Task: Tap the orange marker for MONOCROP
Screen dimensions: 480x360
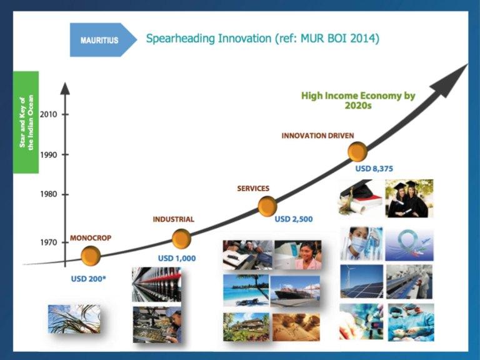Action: (x=91, y=256)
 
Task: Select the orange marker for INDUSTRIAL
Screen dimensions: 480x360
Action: (x=181, y=239)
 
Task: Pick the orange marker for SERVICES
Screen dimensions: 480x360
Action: (x=267, y=206)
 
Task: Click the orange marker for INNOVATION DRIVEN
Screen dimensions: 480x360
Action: (x=357, y=151)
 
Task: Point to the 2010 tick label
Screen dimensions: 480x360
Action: (x=48, y=114)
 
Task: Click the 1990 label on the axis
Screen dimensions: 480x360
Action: (x=48, y=155)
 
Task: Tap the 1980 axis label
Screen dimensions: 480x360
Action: (x=48, y=194)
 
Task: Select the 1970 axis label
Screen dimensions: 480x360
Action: (x=48, y=242)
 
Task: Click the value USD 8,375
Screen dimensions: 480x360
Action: (x=374, y=169)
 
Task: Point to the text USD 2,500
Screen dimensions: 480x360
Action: (x=294, y=219)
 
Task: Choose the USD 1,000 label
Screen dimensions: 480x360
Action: (x=177, y=258)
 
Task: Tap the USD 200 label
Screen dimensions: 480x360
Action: (x=88, y=279)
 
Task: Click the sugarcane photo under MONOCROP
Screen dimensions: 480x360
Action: (x=74, y=319)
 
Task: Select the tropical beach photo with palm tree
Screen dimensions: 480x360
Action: (x=246, y=290)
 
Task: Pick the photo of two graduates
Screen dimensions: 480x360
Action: (x=409, y=198)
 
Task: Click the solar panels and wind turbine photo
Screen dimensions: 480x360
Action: (x=361, y=281)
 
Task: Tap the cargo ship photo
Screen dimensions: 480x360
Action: (x=295, y=291)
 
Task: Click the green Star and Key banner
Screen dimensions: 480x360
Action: (x=26, y=122)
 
